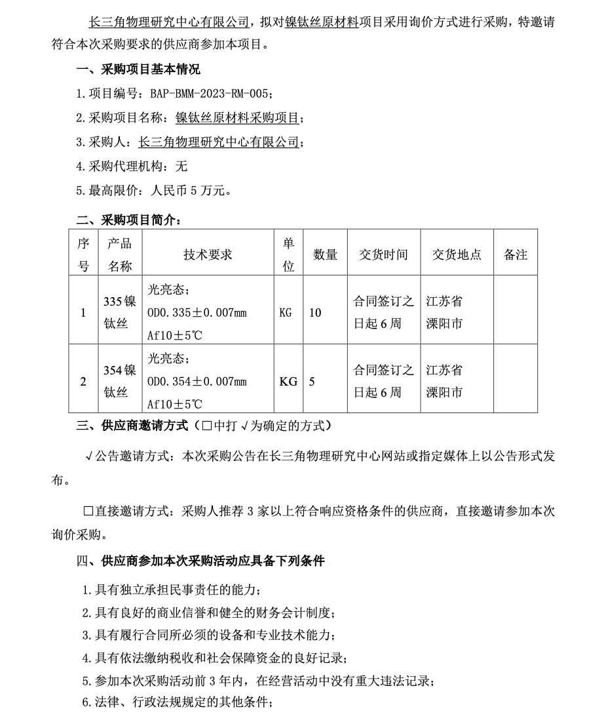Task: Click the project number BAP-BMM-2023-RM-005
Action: click(x=210, y=93)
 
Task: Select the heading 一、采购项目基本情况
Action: click(x=138, y=69)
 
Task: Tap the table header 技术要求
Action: click(x=208, y=254)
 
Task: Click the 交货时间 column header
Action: click(x=383, y=254)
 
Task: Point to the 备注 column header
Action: click(x=515, y=254)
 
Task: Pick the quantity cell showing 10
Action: click(x=315, y=312)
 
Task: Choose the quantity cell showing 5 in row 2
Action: click(x=312, y=381)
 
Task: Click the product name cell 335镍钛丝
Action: click(x=120, y=312)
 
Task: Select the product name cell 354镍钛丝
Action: click(x=120, y=381)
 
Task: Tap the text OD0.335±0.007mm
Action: click(x=197, y=312)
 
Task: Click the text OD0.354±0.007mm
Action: click(x=197, y=381)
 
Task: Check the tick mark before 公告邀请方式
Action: click(x=89, y=456)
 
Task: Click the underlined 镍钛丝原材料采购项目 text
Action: click(x=238, y=118)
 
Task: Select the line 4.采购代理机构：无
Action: click(x=132, y=167)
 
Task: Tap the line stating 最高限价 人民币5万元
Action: click(x=153, y=191)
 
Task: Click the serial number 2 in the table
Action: click(x=83, y=381)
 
